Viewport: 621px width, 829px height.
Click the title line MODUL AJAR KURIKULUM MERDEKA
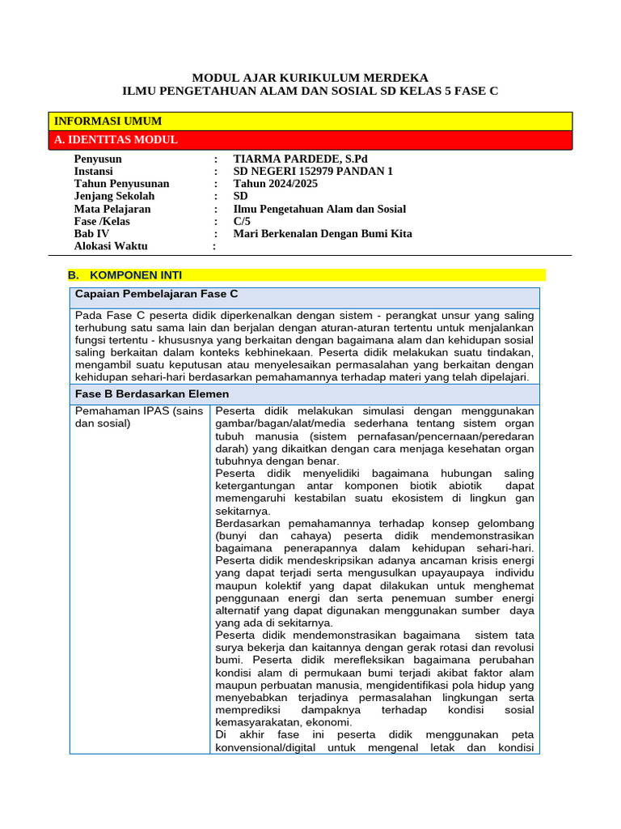coord(310,78)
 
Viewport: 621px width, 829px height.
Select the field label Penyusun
coord(99,159)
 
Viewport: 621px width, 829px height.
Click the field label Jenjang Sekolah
coord(114,197)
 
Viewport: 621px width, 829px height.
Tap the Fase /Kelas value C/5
coord(242,221)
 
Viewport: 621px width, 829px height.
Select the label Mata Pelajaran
coord(112,209)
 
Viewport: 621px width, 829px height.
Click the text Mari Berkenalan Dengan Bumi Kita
coord(323,234)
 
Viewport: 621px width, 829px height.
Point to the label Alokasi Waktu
coord(108,246)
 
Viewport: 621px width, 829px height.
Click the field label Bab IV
coord(91,234)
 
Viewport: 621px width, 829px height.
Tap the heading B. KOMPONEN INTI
coord(125,275)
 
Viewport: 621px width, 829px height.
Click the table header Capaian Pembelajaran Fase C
coord(156,294)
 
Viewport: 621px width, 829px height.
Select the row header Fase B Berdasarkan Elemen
coord(152,394)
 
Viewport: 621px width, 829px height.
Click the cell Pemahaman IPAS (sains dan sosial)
coord(139,417)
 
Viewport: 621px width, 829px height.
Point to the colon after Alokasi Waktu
coord(215,246)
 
